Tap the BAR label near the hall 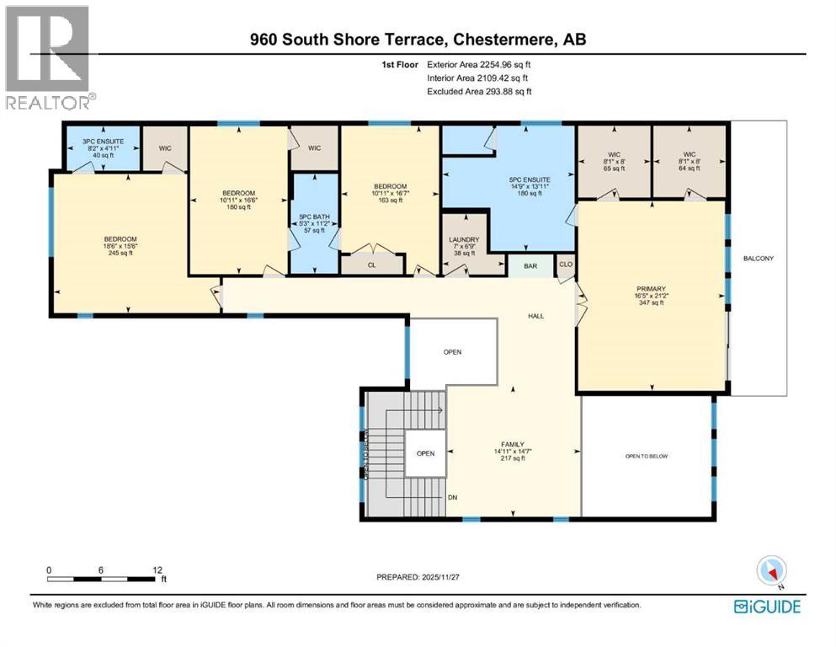pos(530,266)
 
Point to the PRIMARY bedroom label pos(652,288)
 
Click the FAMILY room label pos(513,444)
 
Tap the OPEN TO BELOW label pos(647,457)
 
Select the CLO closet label pos(566,265)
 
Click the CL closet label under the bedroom pos(370,265)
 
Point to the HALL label pos(536,317)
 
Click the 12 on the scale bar pos(157,569)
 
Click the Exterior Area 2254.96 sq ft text pos(479,63)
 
